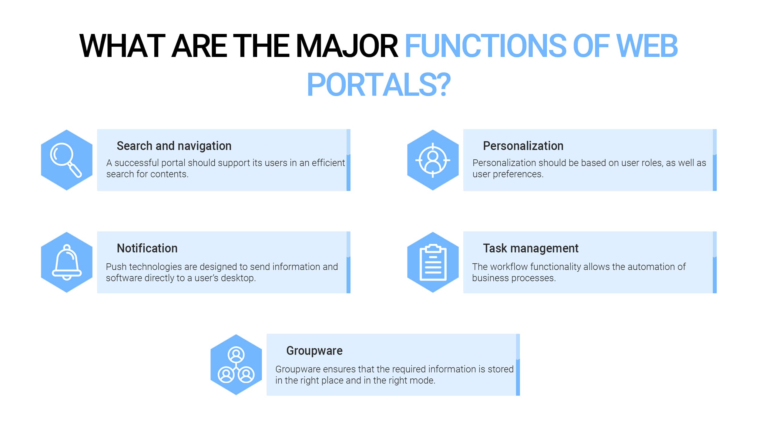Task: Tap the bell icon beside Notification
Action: (x=67, y=262)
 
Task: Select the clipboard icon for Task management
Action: (x=433, y=262)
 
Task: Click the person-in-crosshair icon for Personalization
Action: (x=433, y=160)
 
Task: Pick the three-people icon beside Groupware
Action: (x=236, y=365)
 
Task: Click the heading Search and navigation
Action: (x=174, y=146)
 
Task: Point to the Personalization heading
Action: (x=523, y=146)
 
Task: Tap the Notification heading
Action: (x=147, y=248)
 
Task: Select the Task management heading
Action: (x=531, y=248)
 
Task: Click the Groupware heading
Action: (x=314, y=351)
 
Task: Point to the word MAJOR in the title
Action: (x=347, y=46)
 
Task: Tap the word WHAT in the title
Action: (x=122, y=46)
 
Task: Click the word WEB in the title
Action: (x=647, y=46)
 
